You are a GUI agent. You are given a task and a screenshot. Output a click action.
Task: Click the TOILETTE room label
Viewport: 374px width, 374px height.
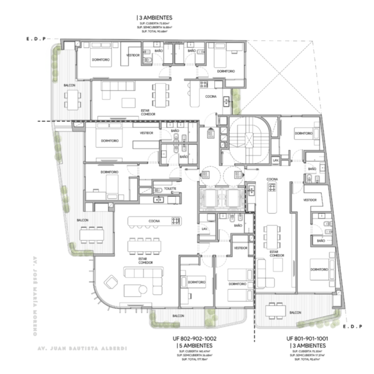[x=170, y=188]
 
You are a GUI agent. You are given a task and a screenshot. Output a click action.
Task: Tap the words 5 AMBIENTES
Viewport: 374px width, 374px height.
[x=196, y=345]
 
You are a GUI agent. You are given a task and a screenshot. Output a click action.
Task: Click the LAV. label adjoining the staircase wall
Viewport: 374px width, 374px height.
[x=276, y=160]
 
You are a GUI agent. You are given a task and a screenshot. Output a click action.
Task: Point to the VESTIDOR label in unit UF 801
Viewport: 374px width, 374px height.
[x=310, y=200]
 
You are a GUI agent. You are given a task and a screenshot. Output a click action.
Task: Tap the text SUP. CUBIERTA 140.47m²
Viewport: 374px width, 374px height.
[x=195, y=352]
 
